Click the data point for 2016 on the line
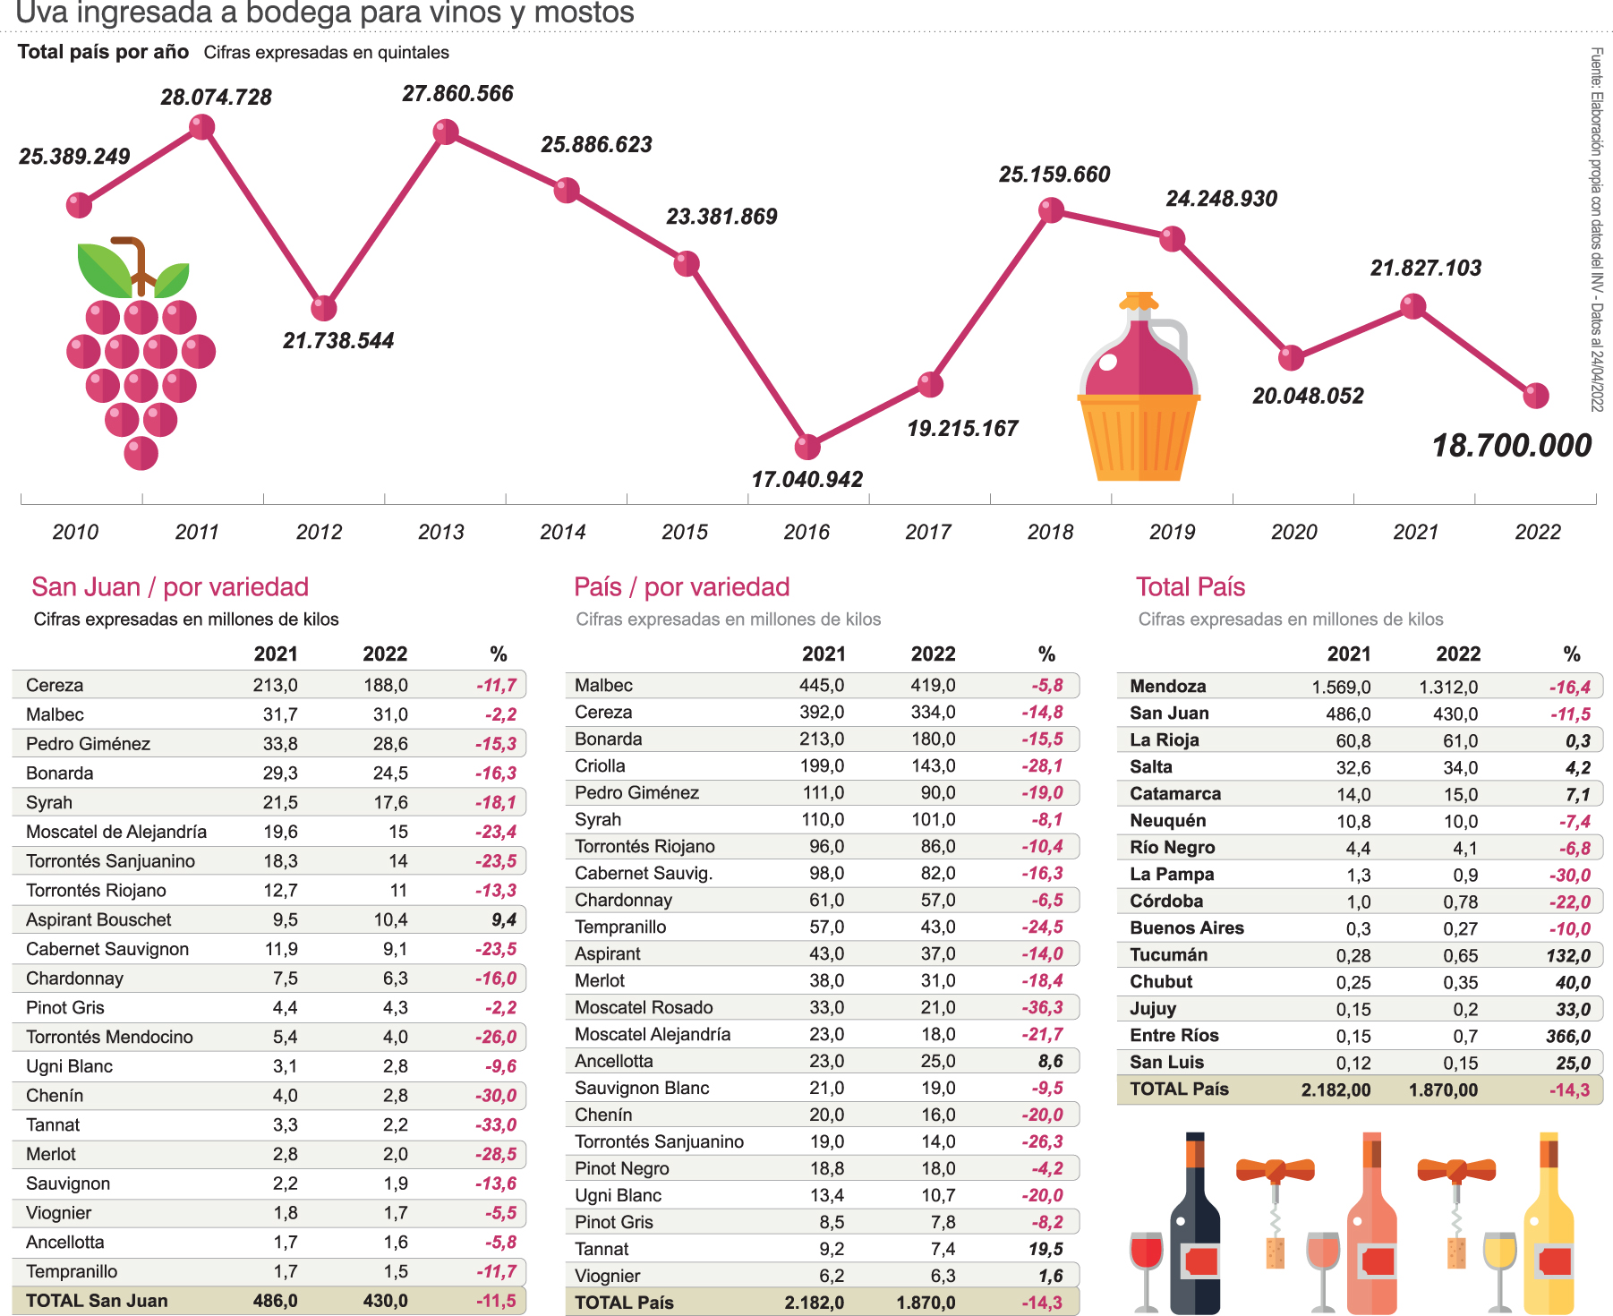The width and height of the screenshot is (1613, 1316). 807,446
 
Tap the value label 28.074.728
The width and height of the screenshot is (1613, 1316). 216,98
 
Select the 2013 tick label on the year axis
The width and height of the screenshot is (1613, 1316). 440,532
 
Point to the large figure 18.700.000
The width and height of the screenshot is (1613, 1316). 1512,446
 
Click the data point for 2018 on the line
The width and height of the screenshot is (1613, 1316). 1051,210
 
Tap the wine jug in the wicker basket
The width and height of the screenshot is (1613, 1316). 1139,389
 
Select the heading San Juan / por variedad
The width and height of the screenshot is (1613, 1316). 170,587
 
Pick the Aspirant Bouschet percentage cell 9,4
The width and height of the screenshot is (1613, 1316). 504,919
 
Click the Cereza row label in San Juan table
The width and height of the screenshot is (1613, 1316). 55,685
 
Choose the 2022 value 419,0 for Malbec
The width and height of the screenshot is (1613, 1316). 933,685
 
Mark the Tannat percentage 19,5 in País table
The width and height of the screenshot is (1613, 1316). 1045,1249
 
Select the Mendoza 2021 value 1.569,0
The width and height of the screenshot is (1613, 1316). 1341,687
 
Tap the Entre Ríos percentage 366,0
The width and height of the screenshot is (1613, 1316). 1568,1036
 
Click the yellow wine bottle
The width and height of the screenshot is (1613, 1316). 1549,1226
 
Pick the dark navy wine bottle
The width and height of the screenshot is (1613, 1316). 1195,1226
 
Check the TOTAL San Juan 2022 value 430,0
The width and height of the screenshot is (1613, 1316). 385,1300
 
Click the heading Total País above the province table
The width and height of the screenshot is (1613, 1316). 1191,587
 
